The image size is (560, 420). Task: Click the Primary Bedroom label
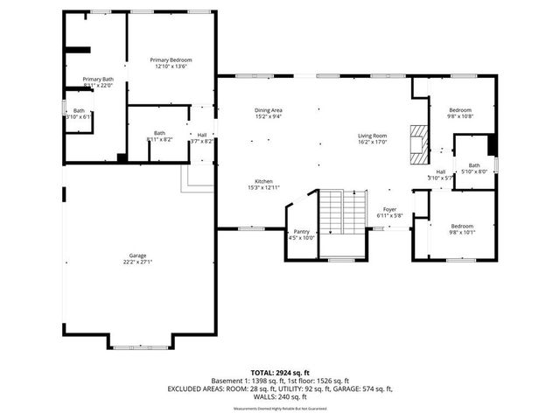click(171, 59)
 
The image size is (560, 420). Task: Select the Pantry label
click(301, 231)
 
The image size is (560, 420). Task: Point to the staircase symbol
click(342, 213)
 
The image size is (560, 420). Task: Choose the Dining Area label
click(269, 109)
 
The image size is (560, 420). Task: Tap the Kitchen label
click(263, 180)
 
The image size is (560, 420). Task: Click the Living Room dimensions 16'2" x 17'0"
click(372, 143)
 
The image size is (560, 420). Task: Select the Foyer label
click(389, 209)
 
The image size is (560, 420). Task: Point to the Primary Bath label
click(98, 79)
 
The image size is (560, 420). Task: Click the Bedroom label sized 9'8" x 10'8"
click(459, 109)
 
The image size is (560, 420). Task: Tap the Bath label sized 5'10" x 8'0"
click(474, 164)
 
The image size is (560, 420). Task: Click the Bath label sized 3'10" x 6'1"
click(79, 110)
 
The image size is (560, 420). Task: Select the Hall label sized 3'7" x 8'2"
click(202, 135)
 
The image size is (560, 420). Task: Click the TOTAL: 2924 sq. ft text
click(279, 372)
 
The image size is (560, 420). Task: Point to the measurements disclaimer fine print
click(279, 409)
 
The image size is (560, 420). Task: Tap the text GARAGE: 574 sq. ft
click(365, 388)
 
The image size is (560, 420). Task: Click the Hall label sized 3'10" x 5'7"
click(441, 171)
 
